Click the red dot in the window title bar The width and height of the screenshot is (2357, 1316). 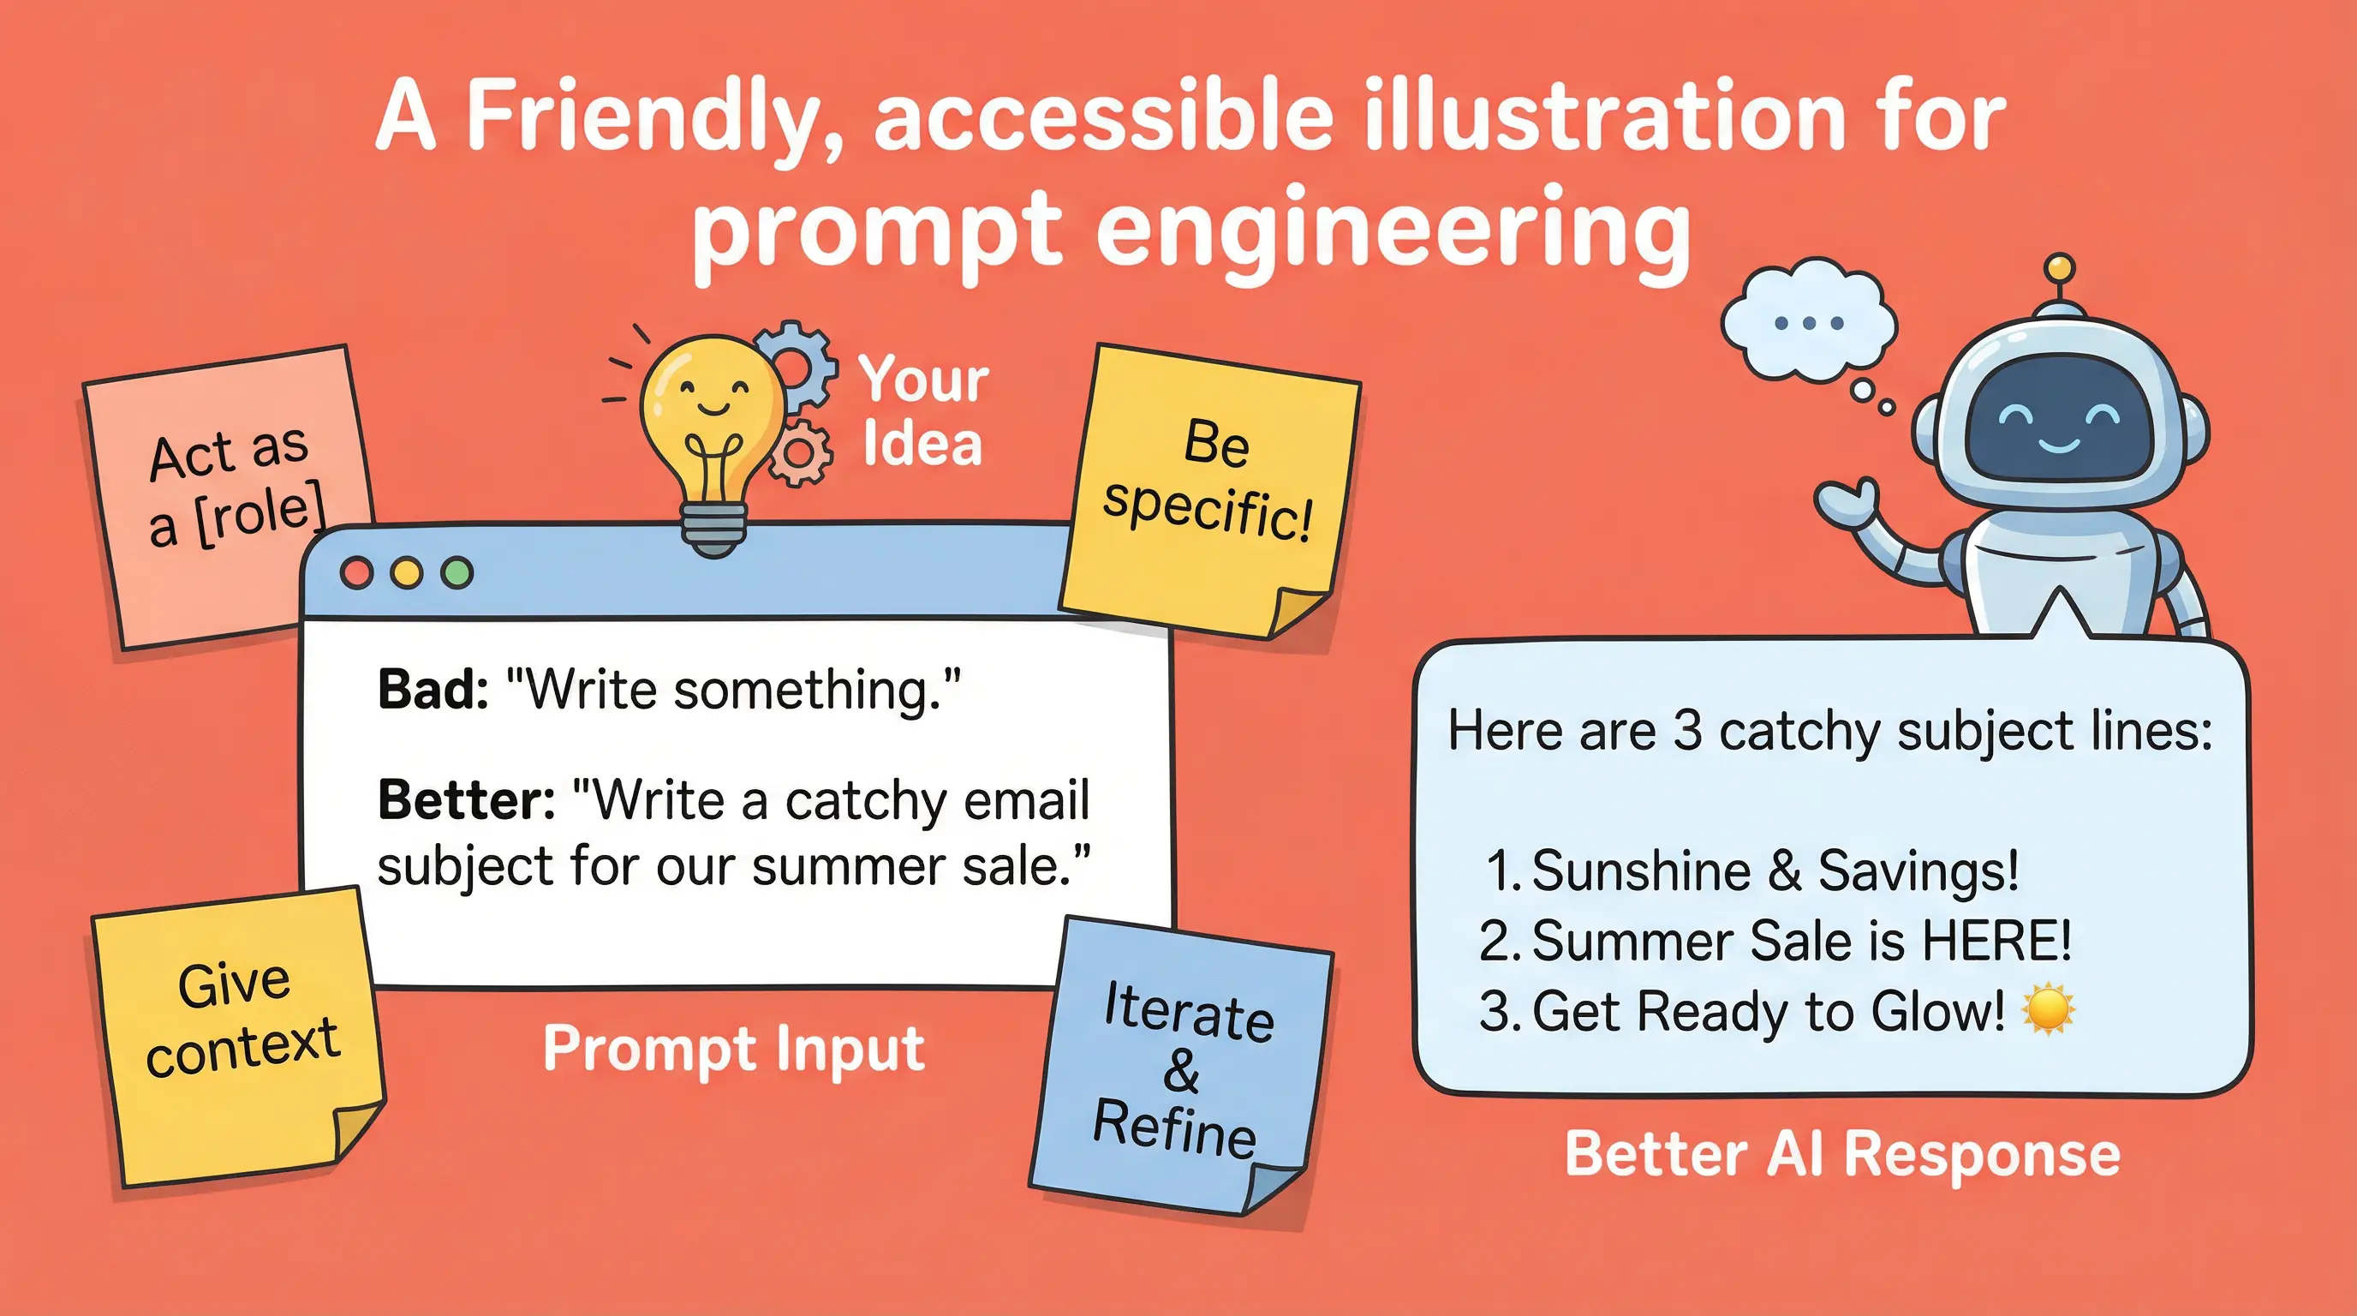click(x=357, y=573)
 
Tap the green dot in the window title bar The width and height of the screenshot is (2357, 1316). click(x=456, y=573)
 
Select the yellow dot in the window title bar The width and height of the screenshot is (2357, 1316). click(x=406, y=573)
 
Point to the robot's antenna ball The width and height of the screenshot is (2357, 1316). click(x=2059, y=267)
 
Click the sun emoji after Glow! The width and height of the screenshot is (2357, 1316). click(x=2048, y=1009)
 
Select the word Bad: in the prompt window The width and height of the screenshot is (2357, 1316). click(x=433, y=689)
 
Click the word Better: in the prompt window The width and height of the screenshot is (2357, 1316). click(x=466, y=800)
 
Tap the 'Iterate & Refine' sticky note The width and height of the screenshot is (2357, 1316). click(x=1181, y=1066)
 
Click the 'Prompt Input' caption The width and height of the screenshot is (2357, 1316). click(x=733, y=1049)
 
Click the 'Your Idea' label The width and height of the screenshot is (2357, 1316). click(x=923, y=412)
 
